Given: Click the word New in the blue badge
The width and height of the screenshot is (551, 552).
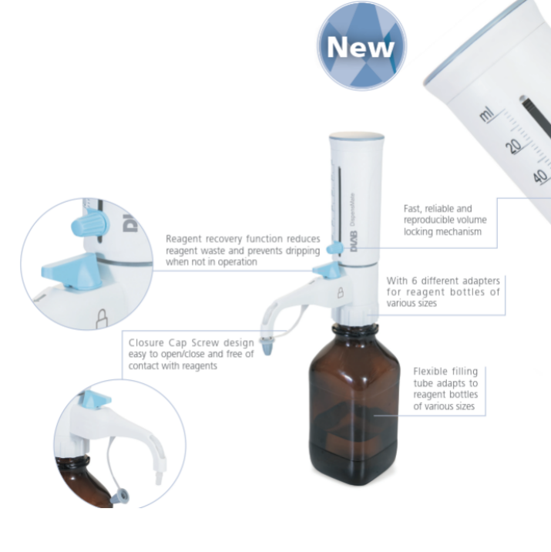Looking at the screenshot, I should [361, 47].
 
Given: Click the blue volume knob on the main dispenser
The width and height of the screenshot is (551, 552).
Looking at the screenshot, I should [333, 248].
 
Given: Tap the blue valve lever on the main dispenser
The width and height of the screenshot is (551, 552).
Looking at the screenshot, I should [327, 271].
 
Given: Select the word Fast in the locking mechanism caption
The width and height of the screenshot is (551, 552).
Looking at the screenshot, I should [415, 209].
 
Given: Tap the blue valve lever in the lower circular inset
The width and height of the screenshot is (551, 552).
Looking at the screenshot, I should [95, 400].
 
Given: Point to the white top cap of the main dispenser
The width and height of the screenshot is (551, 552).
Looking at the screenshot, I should [356, 141].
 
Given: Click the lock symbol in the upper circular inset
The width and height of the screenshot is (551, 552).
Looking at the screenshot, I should [101, 320].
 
